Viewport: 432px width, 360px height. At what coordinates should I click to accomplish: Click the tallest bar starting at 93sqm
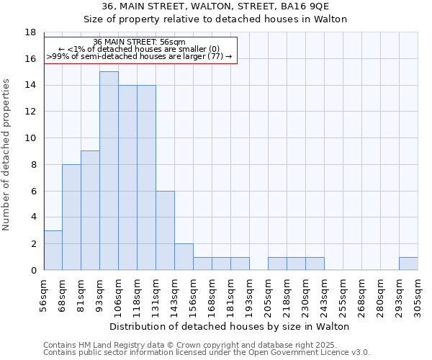tap(109, 171)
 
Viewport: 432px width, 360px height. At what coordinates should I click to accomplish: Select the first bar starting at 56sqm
tap(53, 251)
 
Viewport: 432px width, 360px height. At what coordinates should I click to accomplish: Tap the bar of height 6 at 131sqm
tap(165, 230)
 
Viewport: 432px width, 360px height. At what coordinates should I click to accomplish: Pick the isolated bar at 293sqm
tap(408, 264)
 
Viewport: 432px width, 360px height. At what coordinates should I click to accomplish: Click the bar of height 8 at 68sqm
tap(71, 217)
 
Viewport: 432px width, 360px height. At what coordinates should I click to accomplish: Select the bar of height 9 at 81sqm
tap(90, 210)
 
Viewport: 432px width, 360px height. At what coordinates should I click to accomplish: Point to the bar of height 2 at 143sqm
tap(184, 257)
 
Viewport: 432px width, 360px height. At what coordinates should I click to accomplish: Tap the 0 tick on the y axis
tap(33, 270)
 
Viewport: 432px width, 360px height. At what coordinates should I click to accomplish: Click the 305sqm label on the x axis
tap(418, 295)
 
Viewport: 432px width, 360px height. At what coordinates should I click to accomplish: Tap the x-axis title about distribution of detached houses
tap(230, 326)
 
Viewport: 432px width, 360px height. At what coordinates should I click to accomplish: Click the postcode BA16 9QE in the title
tap(309, 6)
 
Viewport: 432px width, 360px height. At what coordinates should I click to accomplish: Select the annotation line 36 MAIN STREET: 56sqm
tap(140, 42)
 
